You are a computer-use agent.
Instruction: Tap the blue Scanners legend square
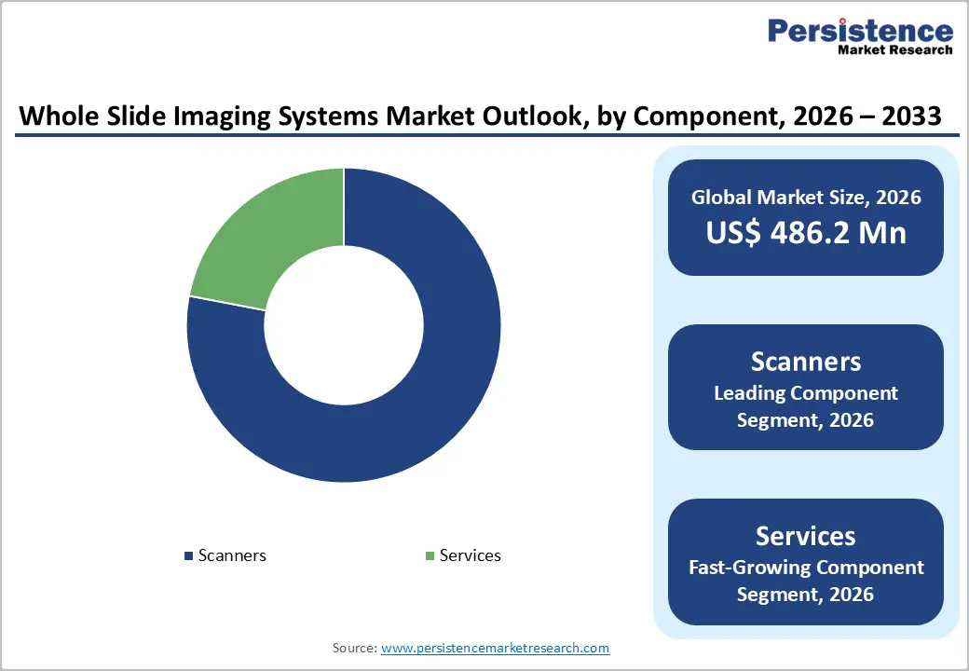click(190, 556)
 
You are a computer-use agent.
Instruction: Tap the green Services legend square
click(430, 556)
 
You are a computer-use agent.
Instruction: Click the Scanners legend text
click(232, 555)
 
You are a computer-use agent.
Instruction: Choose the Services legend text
click(470, 555)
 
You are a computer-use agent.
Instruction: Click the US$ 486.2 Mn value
click(806, 232)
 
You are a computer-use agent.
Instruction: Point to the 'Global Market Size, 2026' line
click(806, 197)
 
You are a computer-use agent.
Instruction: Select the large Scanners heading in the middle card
click(806, 362)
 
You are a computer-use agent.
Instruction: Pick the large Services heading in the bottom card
click(806, 536)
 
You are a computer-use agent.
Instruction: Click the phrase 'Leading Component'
click(806, 393)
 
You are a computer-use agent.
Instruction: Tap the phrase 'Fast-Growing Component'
click(806, 567)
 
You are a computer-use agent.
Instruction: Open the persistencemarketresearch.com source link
click(495, 648)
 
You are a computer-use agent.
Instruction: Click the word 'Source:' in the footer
click(355, 648)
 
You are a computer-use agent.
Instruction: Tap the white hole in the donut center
click(344, 325)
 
